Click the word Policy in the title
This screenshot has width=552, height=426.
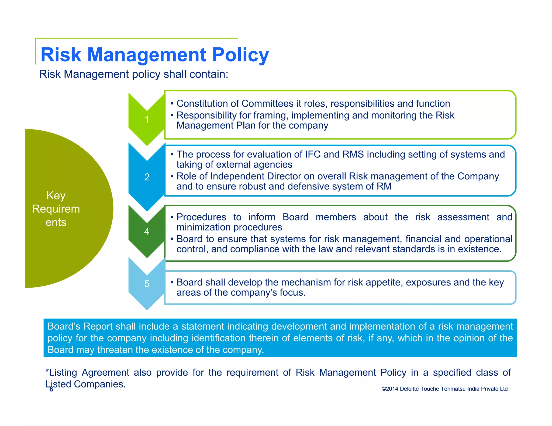click(240, 55)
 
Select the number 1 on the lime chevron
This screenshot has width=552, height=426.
click(147, 119)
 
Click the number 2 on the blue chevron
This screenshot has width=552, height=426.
click(147, 177)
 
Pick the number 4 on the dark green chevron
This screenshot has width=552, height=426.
click(147, 231)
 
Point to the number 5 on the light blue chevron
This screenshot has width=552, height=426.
click(147, 284)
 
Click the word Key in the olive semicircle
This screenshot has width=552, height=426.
click(56, 195)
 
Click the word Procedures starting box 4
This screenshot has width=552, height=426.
click(201, 217)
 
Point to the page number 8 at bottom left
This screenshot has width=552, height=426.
click(51, 389)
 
